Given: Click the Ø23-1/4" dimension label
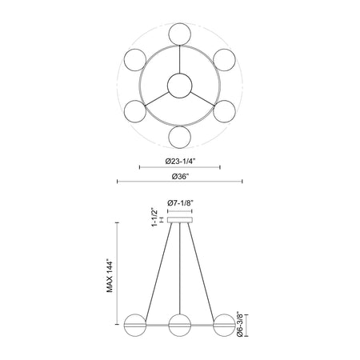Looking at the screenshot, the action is click(180, 162).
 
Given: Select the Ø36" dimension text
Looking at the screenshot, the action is click(180, 176).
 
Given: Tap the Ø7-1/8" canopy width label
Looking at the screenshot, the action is click(180, 203).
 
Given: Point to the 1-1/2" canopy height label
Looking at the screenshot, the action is click(154, 217).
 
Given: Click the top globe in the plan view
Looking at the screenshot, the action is click(180, 34).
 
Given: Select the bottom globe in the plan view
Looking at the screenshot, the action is click(180, 137).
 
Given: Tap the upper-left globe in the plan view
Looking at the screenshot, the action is click(135, 60).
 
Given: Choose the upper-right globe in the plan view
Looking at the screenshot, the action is click(225, 60).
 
